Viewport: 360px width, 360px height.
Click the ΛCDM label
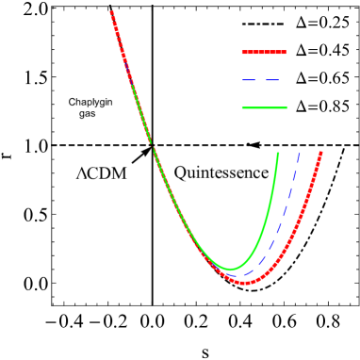click(x=102, y=172)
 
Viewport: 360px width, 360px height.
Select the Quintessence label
click(x=221, y=172)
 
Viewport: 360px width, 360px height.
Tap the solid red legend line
click(x=263, y=52)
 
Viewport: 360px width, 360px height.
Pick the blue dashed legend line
click(x=263, y=80)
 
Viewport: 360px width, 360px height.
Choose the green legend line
click(x=263, y=107)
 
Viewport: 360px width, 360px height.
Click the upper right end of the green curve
click(x=279, y=153)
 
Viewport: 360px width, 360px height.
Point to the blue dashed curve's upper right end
click(x=300, y=153)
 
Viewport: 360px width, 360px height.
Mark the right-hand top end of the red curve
click(x=321, y=153)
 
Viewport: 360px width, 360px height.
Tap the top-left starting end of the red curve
click(x=111, y=12)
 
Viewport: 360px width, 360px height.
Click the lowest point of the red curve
click(x=245, y=282)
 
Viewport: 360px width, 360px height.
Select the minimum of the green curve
click(x=230, y=270)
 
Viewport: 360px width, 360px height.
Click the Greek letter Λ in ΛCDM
click(x=82, y=172)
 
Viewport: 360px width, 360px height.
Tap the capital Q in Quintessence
click(x=180, y=172)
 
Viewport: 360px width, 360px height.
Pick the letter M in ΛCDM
click(x=120, y=172)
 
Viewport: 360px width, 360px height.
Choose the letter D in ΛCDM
click(x=106, y=172)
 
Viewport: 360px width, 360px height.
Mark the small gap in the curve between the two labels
click(x=152, y=147)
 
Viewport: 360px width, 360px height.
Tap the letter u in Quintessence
click(x=190, y=174)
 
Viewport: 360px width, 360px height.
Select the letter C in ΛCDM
click(x=93, y=172)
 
